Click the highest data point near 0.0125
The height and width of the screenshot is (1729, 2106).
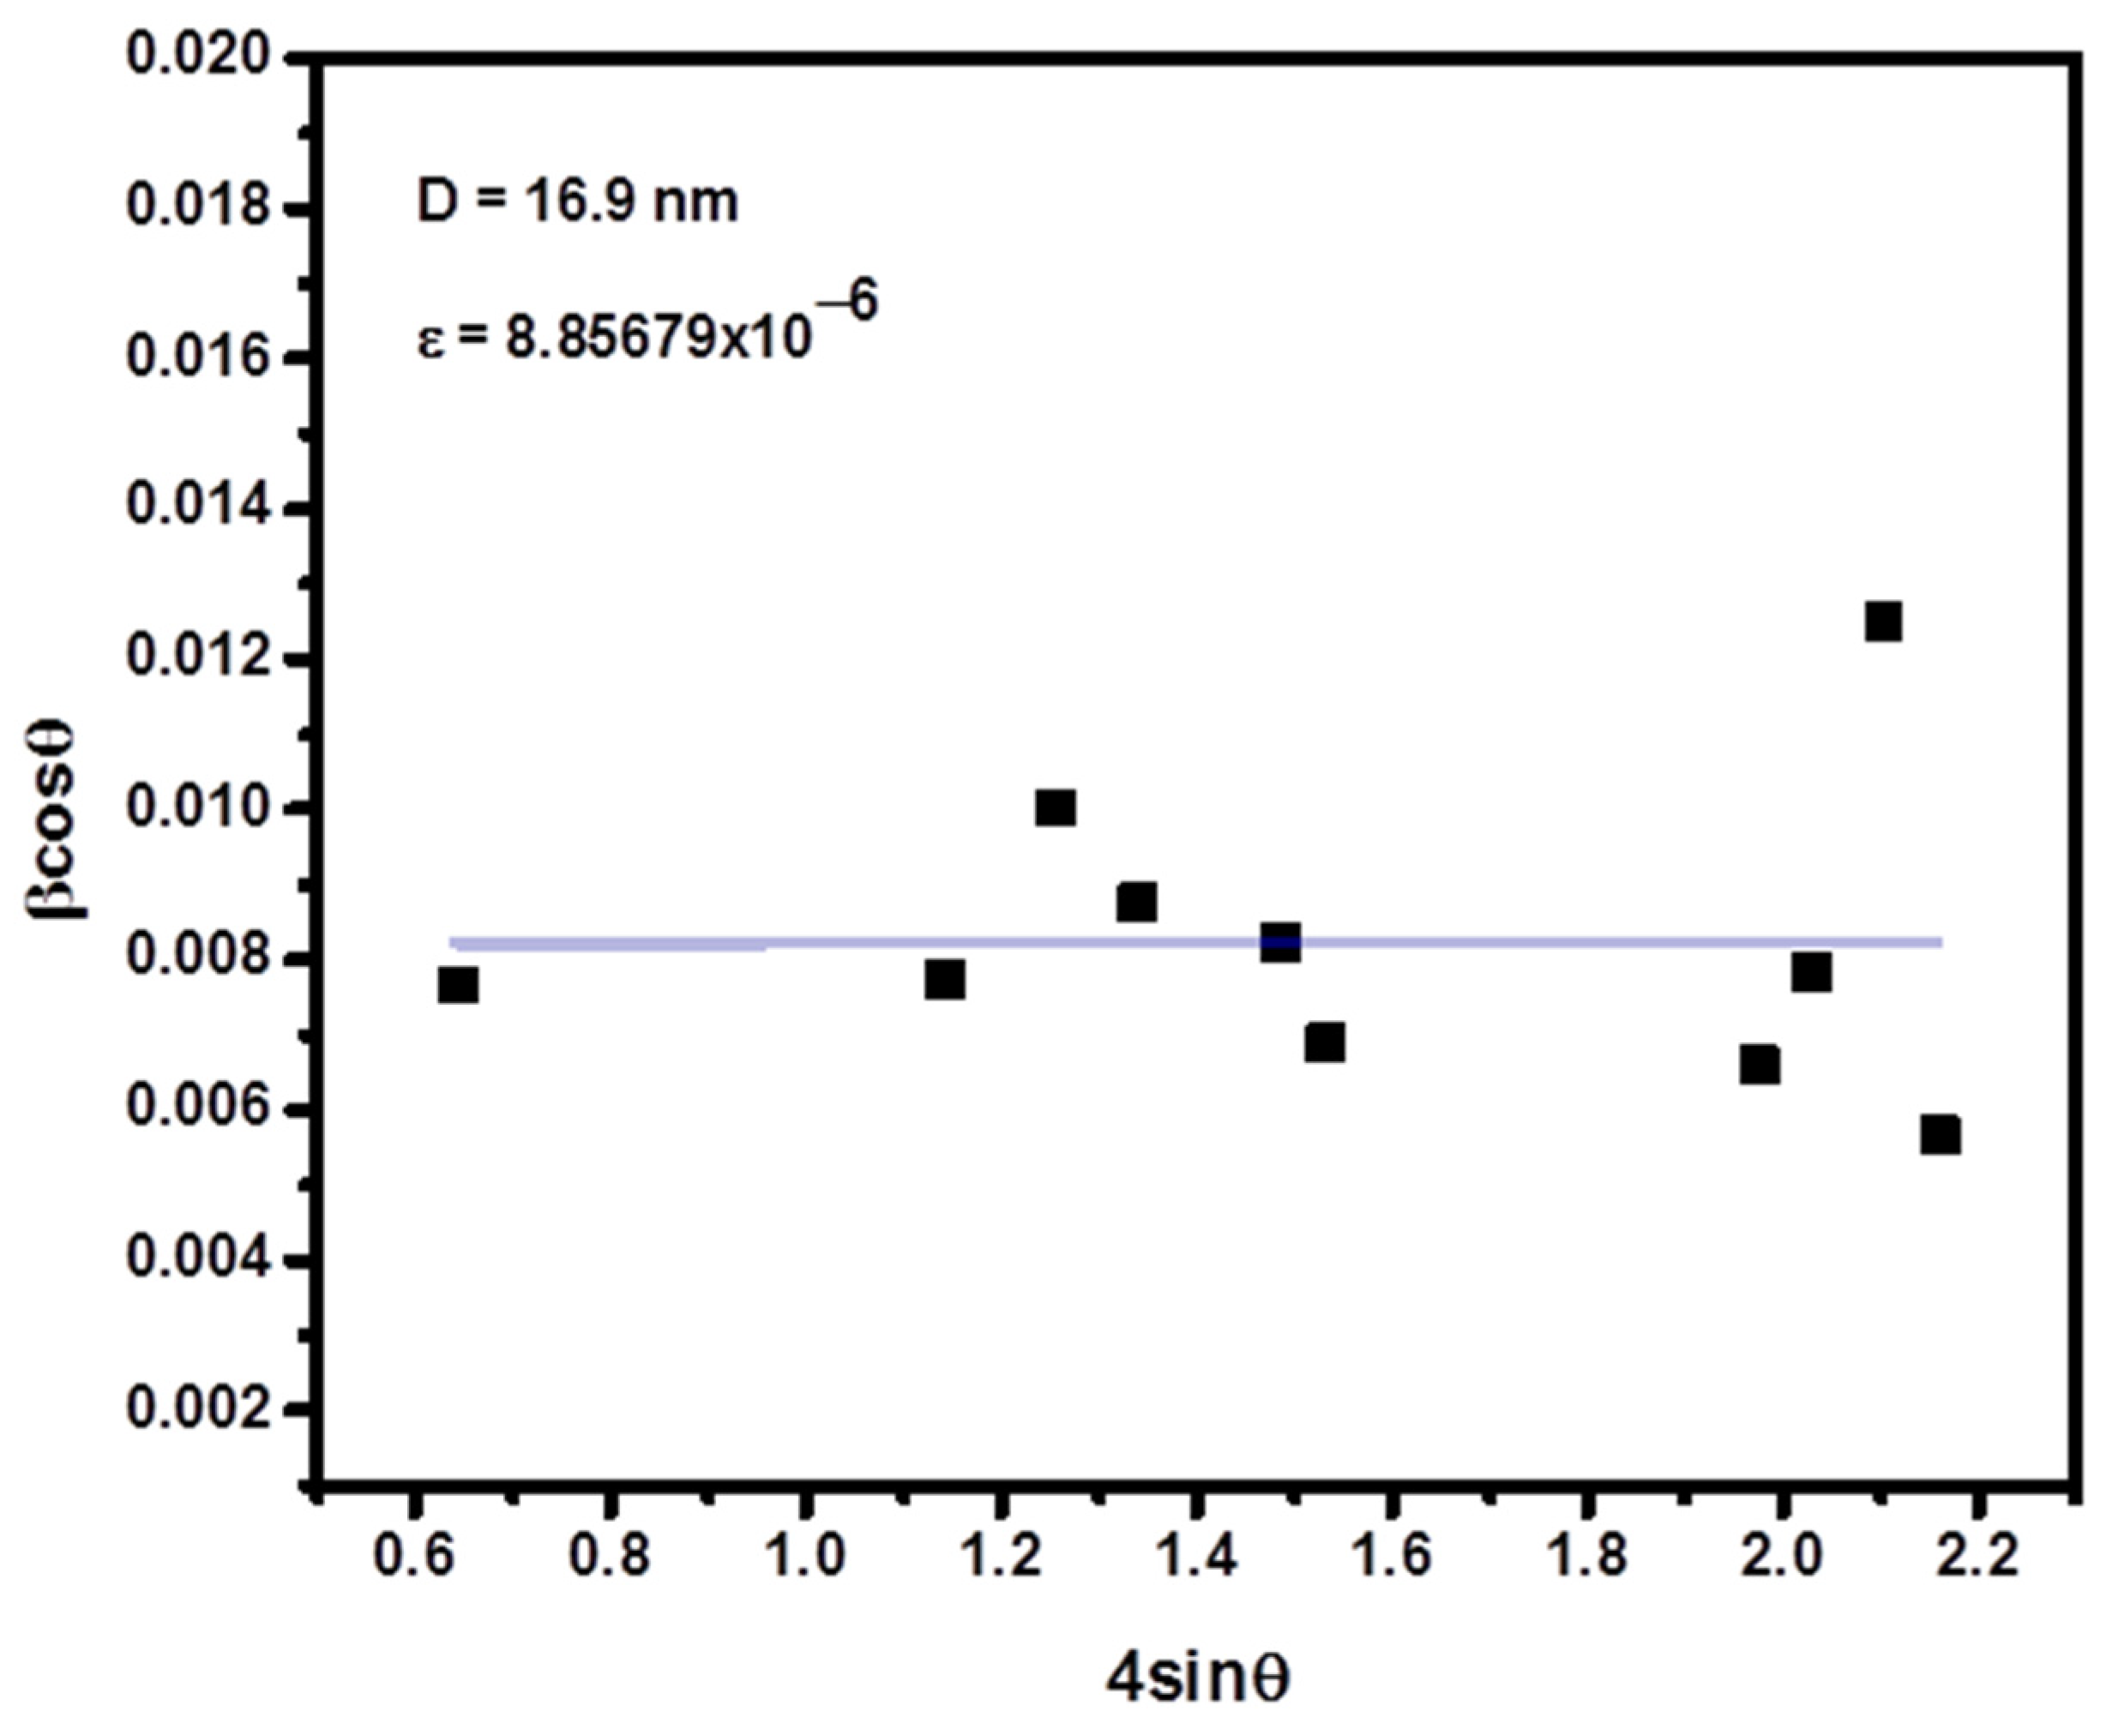coord(1883,622)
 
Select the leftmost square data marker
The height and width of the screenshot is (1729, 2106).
coord(457,986)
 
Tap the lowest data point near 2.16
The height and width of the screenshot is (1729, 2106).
coord(1941,1136)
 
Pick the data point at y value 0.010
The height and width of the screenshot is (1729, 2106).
coord(1055,807)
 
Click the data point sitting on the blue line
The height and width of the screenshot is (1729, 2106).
coord(1280,941)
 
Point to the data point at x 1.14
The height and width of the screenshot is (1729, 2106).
coord(944,980)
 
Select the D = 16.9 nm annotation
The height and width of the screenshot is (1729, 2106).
coord(578,202)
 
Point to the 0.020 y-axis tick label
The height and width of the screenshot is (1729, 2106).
coord(197,57)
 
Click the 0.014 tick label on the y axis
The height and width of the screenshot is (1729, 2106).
coord(197,508)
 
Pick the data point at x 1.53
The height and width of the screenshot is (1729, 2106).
coord(1325,1044)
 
